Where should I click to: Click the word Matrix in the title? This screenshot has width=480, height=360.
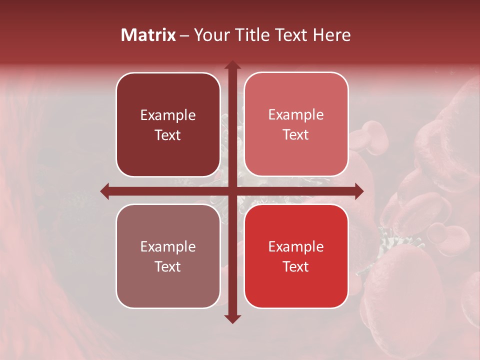click(x=148, y=35)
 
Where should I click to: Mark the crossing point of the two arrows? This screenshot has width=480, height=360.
click(x=232, y=191)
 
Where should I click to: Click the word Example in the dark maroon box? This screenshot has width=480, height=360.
click(x=168, y=115)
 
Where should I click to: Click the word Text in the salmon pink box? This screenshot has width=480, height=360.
click(x=296, y=135)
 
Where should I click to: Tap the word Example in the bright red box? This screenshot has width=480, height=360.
click(x=296, y=247)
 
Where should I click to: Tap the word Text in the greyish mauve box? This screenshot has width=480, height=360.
click(x=168, y=266)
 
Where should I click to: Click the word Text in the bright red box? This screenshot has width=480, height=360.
click(x=296, y=266)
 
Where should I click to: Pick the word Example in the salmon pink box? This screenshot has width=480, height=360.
click(x=296, y=115)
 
